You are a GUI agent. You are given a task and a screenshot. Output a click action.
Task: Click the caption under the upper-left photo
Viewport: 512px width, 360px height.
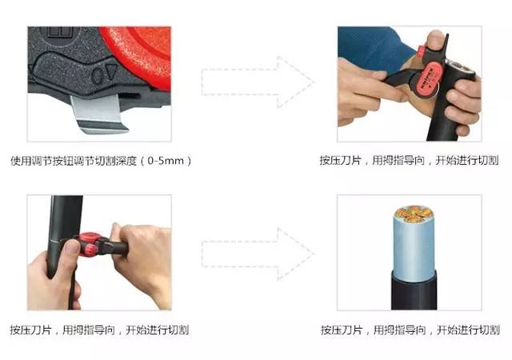(x=102, y=160)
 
